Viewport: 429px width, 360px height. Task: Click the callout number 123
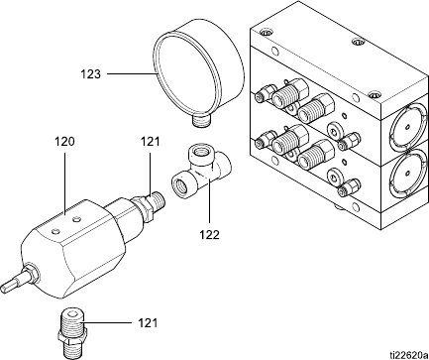pos(91,73)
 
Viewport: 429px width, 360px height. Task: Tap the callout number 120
pos(64,142)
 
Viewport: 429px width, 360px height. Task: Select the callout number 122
pos(209,235)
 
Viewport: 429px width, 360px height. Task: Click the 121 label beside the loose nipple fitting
pos(148,322)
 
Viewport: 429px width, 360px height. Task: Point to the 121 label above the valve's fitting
pos(151,142)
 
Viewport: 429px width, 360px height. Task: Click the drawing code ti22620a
pos(409,355)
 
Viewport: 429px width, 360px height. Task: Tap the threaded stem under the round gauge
pos(202,120)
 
